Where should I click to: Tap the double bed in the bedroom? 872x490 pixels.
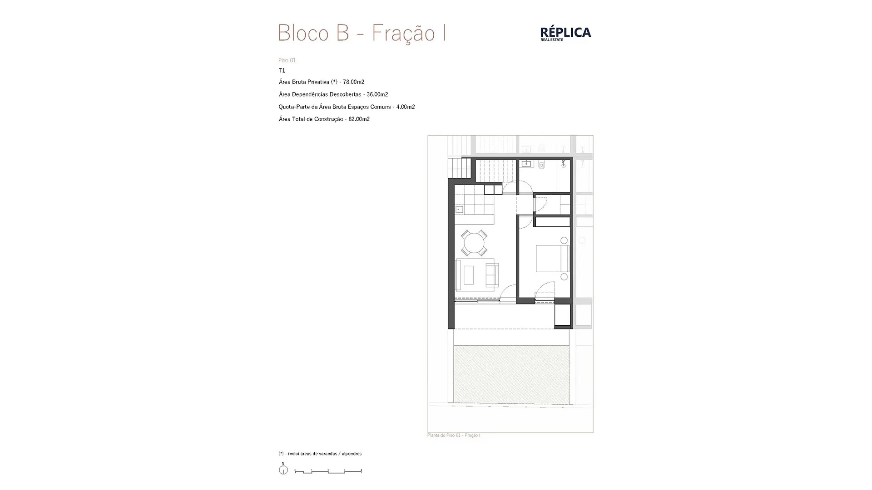tap(553, 259)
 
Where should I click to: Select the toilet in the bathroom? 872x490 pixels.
tap(541, 166)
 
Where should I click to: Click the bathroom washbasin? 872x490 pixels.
tap(527, 163)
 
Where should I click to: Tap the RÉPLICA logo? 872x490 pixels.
tap(565, 34)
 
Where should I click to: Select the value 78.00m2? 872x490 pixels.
tap(354, 82)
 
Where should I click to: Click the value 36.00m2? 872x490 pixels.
tap(377, 94)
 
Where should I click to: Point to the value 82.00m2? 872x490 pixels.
tap(359, 119)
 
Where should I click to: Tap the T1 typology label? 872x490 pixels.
tap(282, 70)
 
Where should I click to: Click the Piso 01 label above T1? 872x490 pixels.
tap(287, 60)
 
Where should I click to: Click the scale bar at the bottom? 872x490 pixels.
tap(328, 472)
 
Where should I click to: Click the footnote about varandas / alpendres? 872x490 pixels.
tap(320, 454)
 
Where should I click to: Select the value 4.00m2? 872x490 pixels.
tap(406, 107)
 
